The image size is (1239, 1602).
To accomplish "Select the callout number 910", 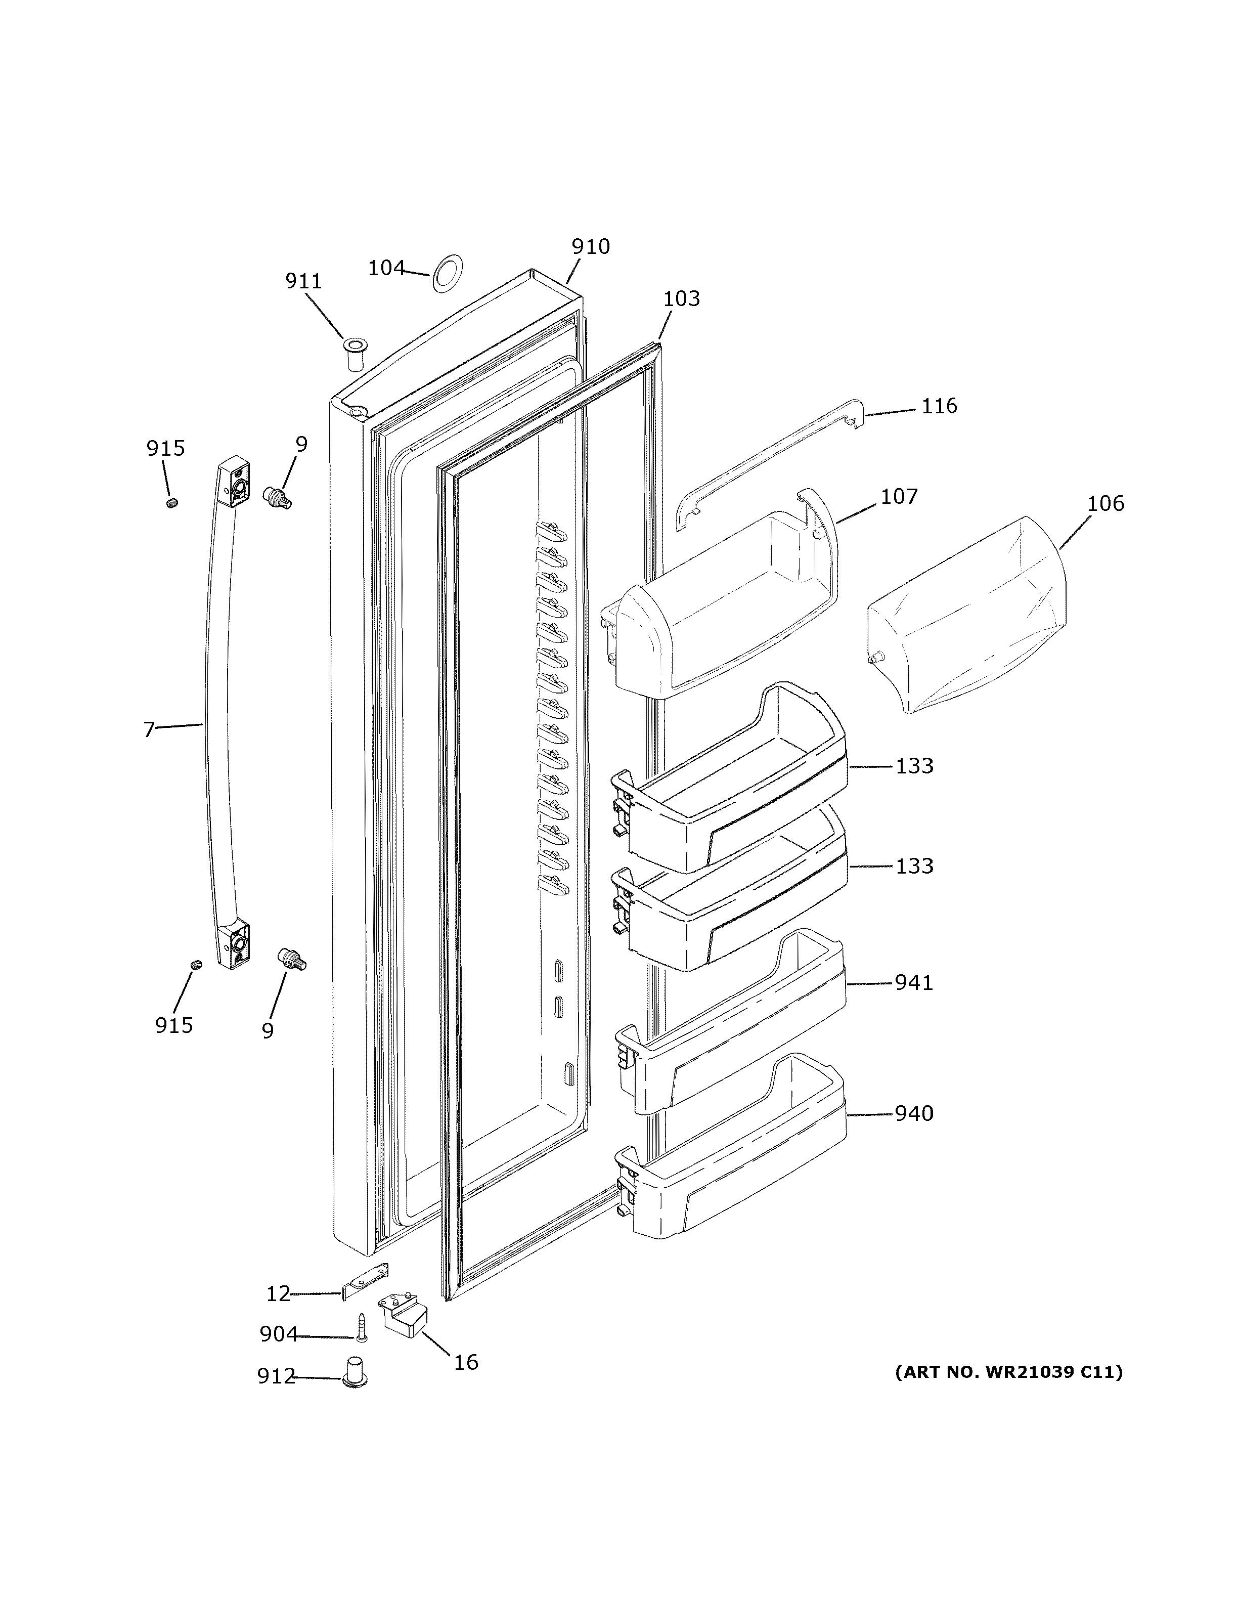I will tap(590, 246).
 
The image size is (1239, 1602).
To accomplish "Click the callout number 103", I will tap(681, 298).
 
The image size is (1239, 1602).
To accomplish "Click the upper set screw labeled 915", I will tap(173, 503).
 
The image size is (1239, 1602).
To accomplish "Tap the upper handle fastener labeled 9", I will tap(277, 497).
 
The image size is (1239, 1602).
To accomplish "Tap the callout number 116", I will tap(939, 406).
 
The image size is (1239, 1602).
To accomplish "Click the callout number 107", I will tap(899, 497).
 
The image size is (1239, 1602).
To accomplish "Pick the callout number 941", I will tap(913, 982).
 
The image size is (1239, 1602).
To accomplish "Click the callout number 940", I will tap(913, 1113).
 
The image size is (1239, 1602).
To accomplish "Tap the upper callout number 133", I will tap(914, 766).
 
